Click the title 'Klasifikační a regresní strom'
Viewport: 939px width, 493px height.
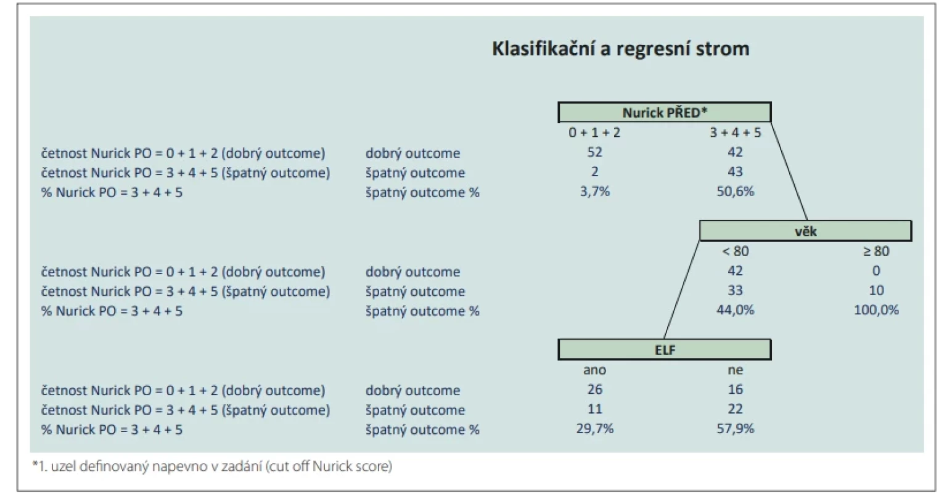pyautogui.click(x=620, y=49)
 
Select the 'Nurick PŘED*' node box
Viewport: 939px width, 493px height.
pyautogui.click(x=665, y=112)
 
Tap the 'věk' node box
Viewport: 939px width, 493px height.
pyautogui.click(x=805, y=231)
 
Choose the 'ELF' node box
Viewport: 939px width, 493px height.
pyautogui.click(x=665, y=349)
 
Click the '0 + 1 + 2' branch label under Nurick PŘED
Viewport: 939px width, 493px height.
pyautogui.click(x=594, y=132)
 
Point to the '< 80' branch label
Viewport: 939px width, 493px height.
pyautogui.click(x=736, y=251)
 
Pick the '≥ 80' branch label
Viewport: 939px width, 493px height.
pyautogui.click(x=876, y=251)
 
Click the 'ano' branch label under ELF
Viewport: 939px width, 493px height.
pyautogui.click(x=594, y=370)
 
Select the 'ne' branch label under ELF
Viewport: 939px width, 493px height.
pyautogui.click(x=736, y=370)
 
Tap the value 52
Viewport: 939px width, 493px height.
pyautogui.click(x=594, y=152)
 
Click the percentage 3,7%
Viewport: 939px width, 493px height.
pyautogui.click(x=594, y=192)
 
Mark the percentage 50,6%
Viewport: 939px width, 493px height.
pyautogui.click(x=736, y=192)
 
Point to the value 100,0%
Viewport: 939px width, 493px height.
pyautogui.click(x=876, y=310)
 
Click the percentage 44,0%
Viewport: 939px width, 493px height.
pyautogui.click(x=736, y=310)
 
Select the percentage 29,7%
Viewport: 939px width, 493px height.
pyautogui.click(x=594, y=428)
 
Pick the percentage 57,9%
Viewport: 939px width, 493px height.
pyautogui.click(x=736, y=428)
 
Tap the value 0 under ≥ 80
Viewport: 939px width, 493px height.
pyautogui.click(x=876, y=271)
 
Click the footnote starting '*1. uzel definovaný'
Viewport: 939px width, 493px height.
pyautogui.click(x=212, y=466)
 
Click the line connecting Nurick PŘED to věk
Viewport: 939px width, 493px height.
pyautogui.click(x=789, y=172)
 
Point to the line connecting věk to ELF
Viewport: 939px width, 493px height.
pyautogui.click(x=682, y=290)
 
